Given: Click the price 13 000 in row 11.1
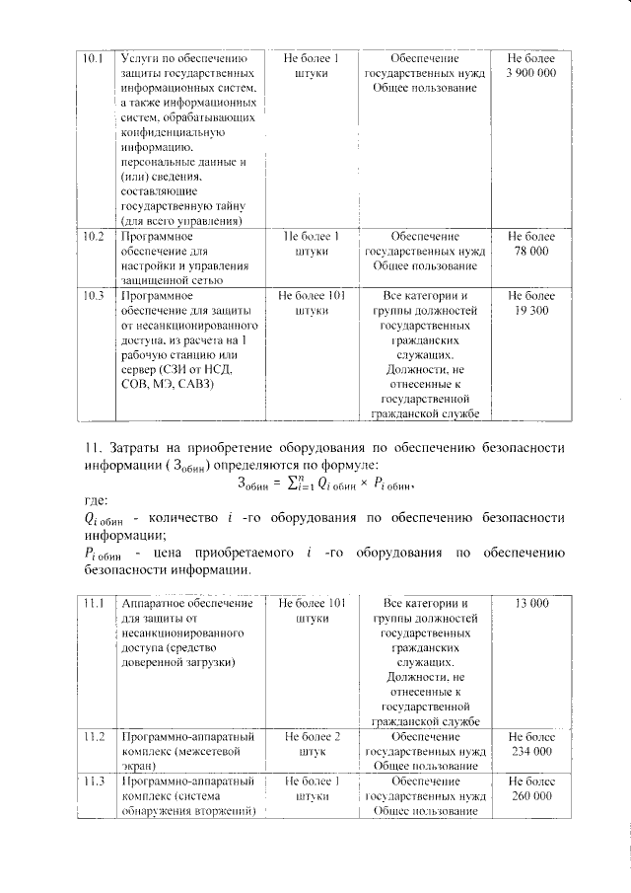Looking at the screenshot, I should coord(530,603).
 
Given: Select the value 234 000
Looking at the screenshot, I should coord(530,752).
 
